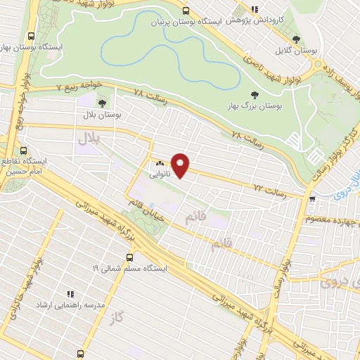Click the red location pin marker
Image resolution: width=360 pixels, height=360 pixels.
[181, 165]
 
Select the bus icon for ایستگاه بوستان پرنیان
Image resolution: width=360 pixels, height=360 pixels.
[186, 11]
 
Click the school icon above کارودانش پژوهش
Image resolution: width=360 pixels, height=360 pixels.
[255, 9]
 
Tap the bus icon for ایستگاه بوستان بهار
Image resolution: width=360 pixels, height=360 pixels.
[30, 37]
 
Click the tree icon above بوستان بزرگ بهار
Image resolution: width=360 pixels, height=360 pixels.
[253, 95]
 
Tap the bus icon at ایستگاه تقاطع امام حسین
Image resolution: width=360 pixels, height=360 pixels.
[24, 150]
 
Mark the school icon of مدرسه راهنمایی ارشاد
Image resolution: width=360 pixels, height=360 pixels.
[70, 294]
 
